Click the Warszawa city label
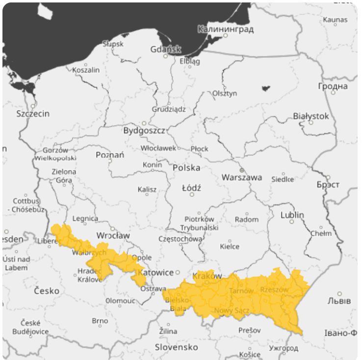point(241,177)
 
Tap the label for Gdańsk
point(165,49)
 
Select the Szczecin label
point(33,113)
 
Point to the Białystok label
point(311,116)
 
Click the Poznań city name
point(110,155)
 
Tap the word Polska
point(186,167)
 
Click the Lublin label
point(292,215)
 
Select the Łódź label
point(191,187)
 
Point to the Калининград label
point(226,29)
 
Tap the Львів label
point(339,301)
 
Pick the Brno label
point(100,321)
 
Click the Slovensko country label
point(177,347)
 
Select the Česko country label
point(47,290)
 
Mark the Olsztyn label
point(224,93)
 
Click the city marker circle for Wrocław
point(112,229)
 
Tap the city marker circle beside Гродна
point(333,93)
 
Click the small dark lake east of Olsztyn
point(265,89)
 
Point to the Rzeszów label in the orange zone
point(274,289)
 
